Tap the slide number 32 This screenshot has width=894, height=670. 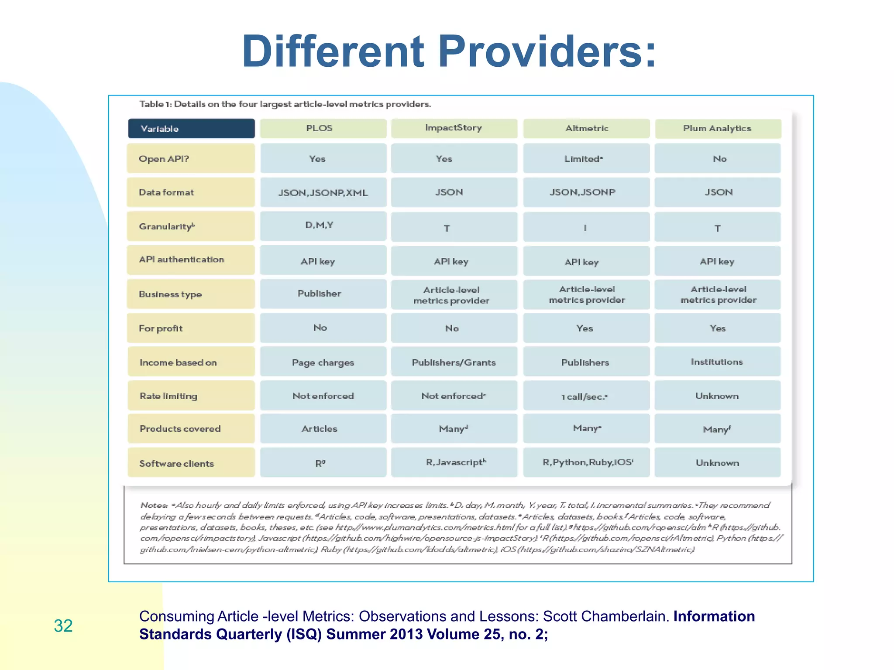[x=63, y=626]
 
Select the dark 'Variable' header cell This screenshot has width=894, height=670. [x=191, y=129]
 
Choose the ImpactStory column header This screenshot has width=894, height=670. [x=454, y=128]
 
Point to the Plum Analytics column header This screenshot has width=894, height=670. [x=717, y=128]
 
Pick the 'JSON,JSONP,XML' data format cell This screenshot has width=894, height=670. [x=323, y=192]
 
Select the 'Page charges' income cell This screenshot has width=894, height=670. [x=323, y=362]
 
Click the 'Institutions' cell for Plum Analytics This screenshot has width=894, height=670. [x=717, y=362]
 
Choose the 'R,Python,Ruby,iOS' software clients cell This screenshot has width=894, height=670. [x=587, y=462]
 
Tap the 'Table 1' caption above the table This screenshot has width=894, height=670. [x=285, y=104]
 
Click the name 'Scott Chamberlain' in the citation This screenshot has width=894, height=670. [x=605, y=616]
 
